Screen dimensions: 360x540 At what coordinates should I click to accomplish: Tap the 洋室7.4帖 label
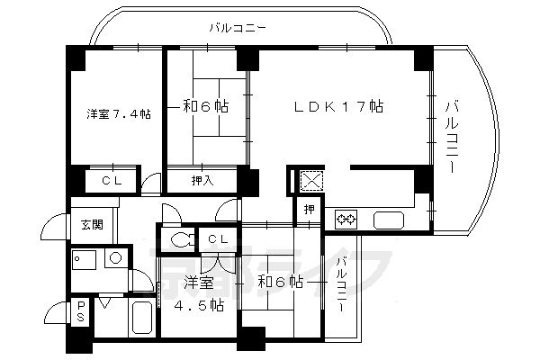pos(118,113)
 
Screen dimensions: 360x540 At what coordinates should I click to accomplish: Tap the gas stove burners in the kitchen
pos(346,218)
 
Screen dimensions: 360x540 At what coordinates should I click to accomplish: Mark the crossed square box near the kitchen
pos(310,180)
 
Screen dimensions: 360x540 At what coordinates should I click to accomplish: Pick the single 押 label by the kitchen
pos(309,211)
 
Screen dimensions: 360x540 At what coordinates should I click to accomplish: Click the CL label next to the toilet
pos(217,238)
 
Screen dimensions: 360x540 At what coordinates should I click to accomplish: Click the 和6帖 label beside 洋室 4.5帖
pos(280,283)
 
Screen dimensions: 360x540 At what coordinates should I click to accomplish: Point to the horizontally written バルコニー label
pos(237,28)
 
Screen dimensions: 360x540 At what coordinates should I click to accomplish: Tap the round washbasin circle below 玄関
pos(115,257)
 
